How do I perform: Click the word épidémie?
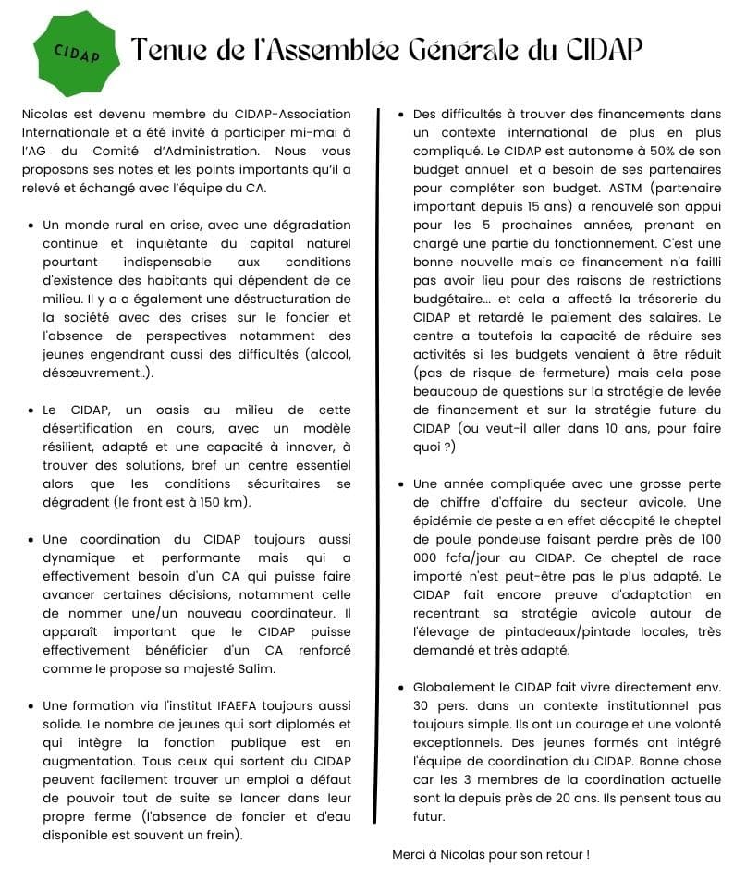(443, 521)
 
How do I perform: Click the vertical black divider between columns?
(376, 462)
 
